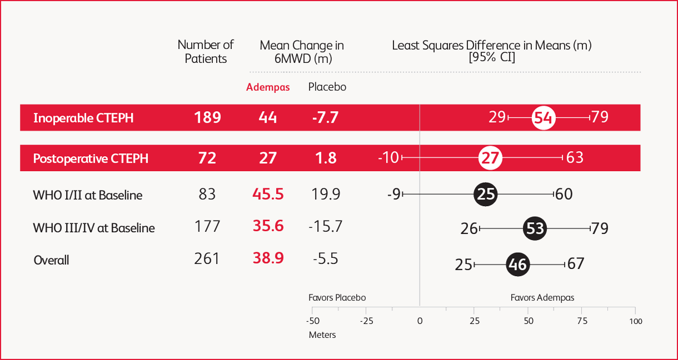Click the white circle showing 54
click(543, 118)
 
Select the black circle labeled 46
click(517, 264)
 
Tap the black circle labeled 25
click(486, 194)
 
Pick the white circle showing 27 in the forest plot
click(490, 158)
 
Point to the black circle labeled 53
click(535, 228)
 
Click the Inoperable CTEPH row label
click(83, 118)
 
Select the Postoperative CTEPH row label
click(91, 158)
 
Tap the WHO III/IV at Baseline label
click(94, 228)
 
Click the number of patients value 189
click(207, 118)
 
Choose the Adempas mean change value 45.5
click(268, 194)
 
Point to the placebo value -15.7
click(325, 227)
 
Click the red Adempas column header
click(268, 88)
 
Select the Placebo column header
click(327, 87)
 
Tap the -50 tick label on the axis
click(312, 321)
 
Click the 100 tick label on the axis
click(636, 321)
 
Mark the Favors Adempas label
click(542, 298)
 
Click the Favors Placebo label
click(337, 298)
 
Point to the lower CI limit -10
click(388, 158)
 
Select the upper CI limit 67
click(576, 263)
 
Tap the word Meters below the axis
click(322, 335)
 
